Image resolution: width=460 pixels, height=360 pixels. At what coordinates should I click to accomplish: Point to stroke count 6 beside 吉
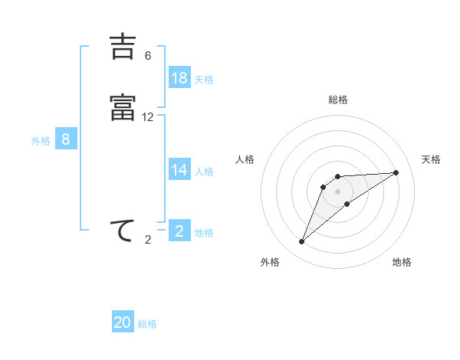tap(148, 56)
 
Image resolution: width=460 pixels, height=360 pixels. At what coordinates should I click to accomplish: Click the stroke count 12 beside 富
tap(148, 117)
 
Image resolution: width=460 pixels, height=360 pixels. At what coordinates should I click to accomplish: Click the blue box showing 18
tap(179, 78)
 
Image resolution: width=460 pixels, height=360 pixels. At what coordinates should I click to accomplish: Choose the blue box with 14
tap(179, 170)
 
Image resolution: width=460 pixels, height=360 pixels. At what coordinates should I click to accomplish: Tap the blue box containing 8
tap(66, 139)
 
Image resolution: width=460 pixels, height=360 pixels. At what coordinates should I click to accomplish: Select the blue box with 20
tap(123, 322)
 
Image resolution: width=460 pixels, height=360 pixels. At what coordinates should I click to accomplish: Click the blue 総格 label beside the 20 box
tap(147, 324)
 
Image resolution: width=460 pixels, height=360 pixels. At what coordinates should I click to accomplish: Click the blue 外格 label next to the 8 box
tap(41, 141)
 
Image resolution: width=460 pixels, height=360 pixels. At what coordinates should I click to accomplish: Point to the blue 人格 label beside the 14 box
tap(204, 172)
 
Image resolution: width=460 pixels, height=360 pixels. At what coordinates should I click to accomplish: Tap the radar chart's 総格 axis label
tap(338, 100)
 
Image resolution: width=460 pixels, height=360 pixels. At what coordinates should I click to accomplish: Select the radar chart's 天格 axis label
tap(431, 159)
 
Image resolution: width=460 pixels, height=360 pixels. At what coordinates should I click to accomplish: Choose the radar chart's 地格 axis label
tap(402, 262)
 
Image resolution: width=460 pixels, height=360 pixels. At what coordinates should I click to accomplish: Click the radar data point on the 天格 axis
tap(396, 172)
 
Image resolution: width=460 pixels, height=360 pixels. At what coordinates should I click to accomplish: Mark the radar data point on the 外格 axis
tap(302, 242)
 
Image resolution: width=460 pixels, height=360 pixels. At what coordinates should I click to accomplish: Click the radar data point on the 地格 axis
tap(347, 204)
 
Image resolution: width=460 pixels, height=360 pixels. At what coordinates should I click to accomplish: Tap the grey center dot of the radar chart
tap(337, 191)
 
